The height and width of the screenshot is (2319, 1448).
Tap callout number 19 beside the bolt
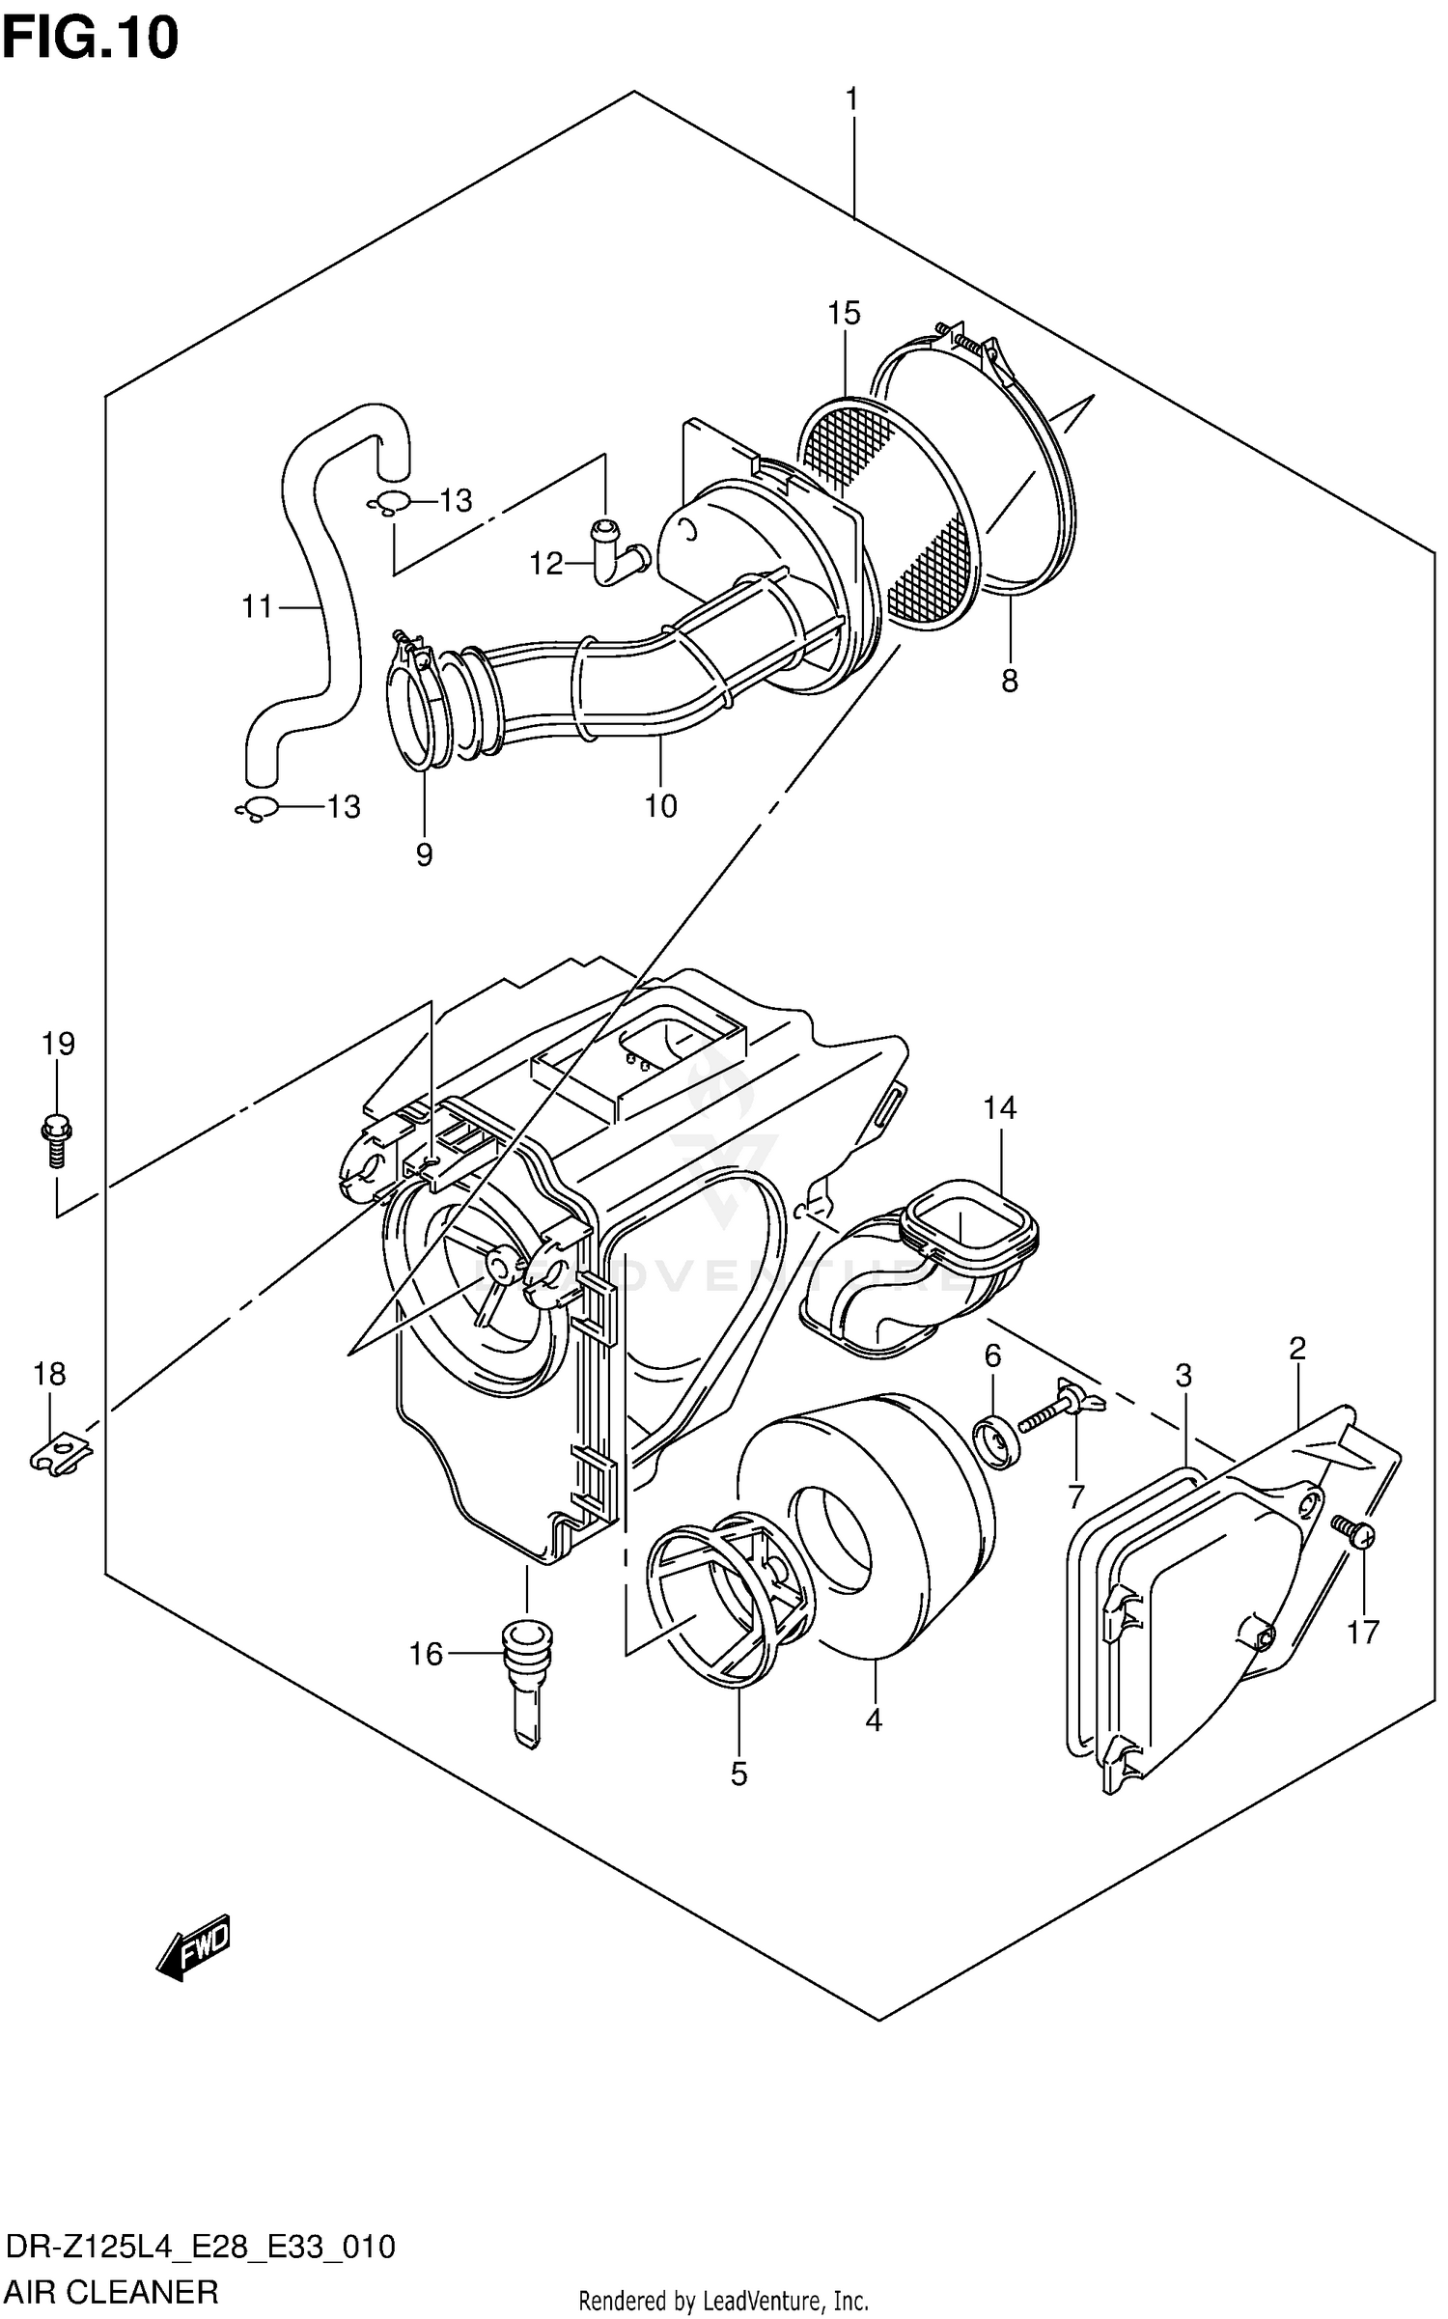58,1044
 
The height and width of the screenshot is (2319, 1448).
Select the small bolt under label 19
58,1141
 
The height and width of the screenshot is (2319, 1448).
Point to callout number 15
844,313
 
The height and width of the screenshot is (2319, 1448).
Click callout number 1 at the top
851,98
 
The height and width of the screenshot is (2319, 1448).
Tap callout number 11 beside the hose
258,607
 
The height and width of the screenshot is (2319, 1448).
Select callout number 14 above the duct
1000,1107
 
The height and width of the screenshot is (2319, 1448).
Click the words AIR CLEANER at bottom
113,2291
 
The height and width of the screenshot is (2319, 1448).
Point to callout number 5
738,1774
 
